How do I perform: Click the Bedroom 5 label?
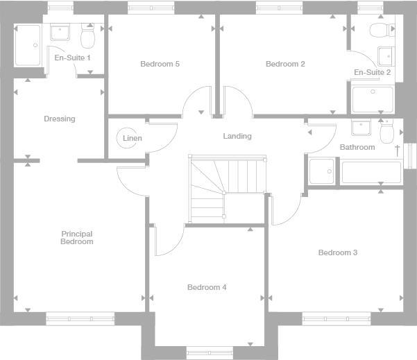click(160, 65)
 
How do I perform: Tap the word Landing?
click(237, 136)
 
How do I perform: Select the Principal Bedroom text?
click(76, 238)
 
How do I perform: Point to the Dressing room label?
click(59, 119)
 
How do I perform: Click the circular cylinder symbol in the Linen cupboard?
click(126, 137)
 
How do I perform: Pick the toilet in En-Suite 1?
click(88, 35)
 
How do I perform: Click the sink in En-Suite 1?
click(59, 33)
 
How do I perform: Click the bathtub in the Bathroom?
click(371, 171)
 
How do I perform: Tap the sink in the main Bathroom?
click(361, 128)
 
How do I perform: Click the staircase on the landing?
click(226, 187)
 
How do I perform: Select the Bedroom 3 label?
click(337, 252)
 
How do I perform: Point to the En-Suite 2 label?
click(372, 72)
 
